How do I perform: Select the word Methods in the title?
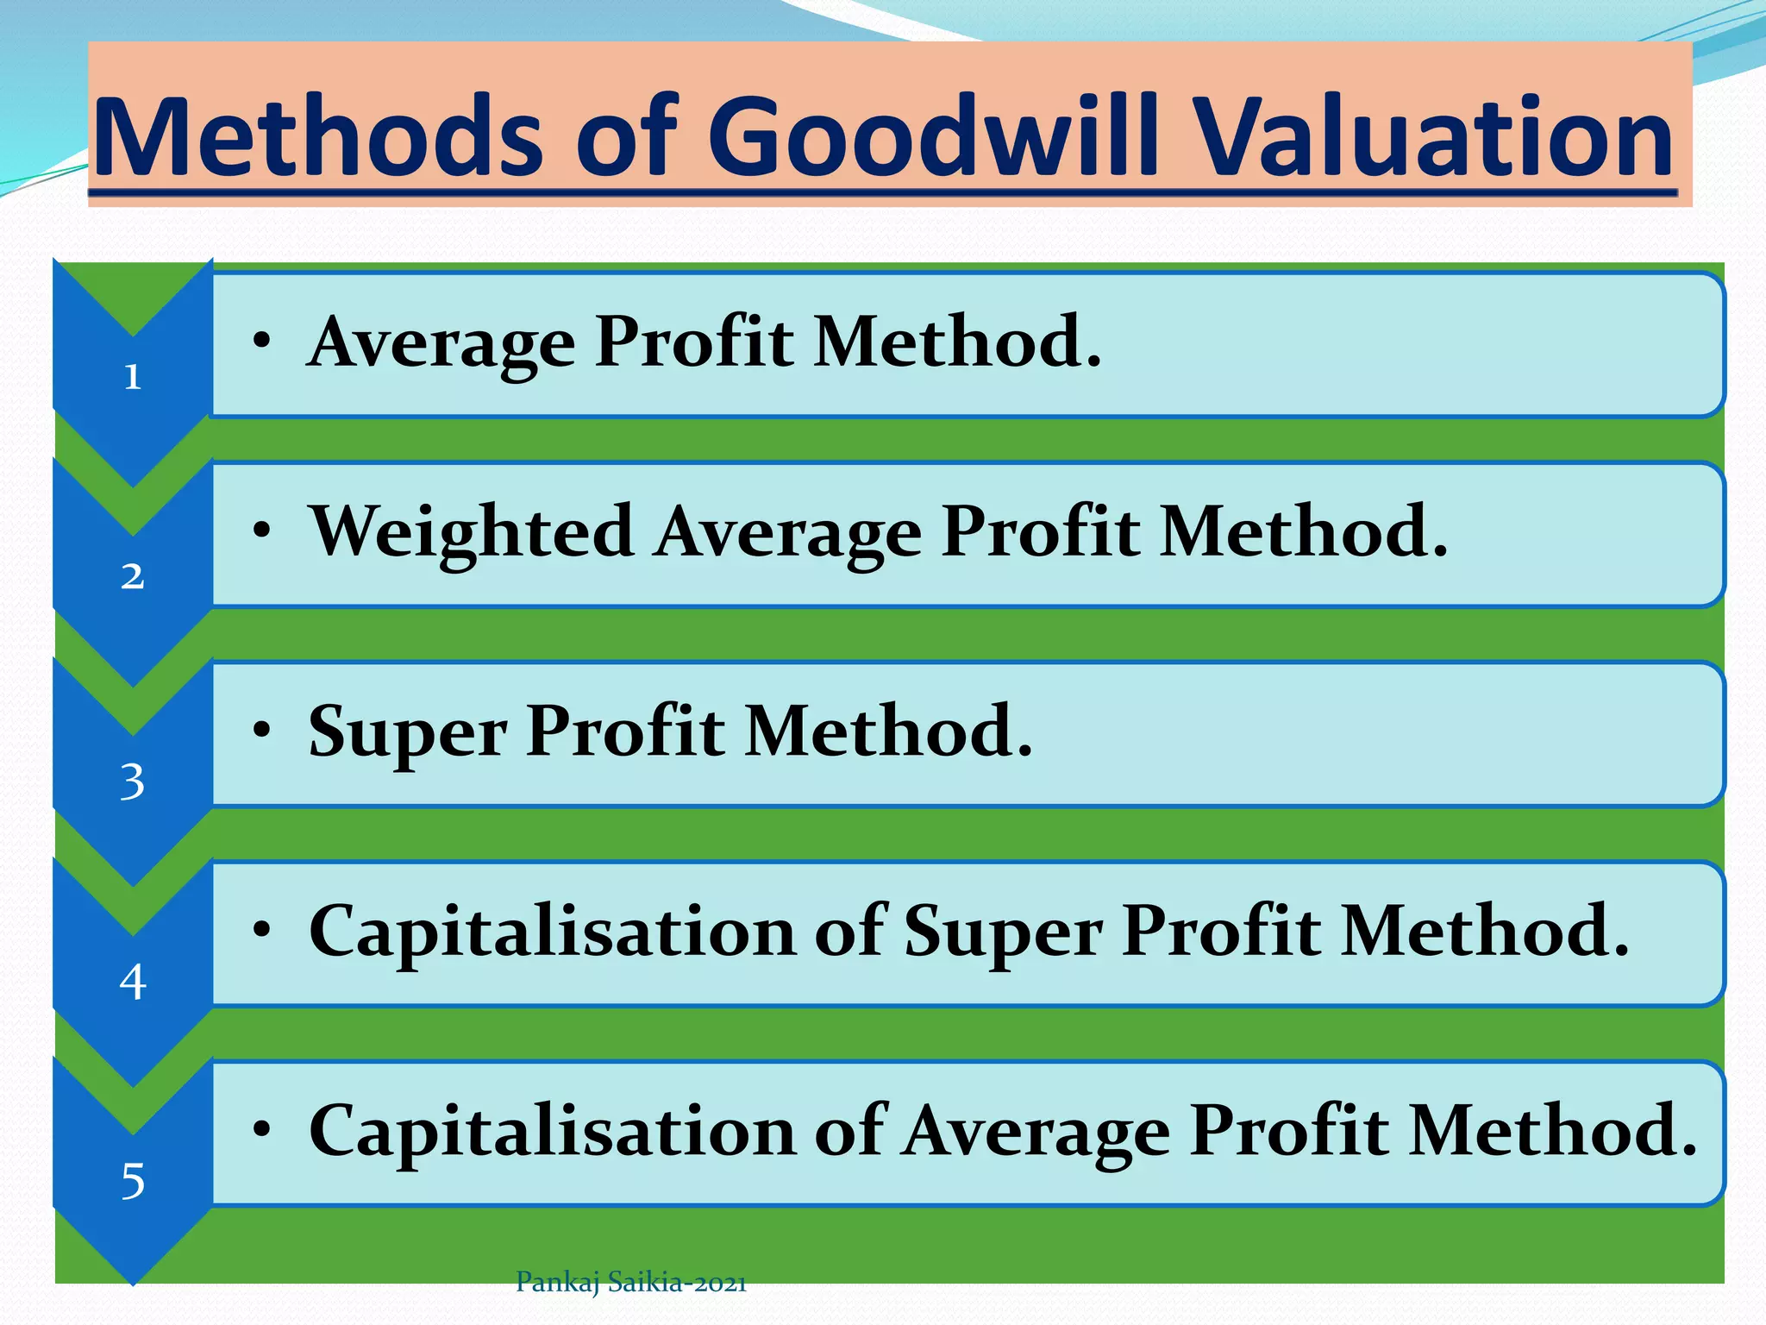319,138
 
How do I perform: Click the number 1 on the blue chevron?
132,377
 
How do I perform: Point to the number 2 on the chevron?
132,576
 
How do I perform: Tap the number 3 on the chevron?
132,782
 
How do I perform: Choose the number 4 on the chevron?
132,982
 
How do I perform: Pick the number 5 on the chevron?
132,1181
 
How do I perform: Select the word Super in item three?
407,732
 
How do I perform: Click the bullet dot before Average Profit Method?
262,340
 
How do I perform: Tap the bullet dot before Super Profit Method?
262,730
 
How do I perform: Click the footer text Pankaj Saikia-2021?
630,1283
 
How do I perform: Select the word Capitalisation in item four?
552,932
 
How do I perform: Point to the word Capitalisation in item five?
552,1131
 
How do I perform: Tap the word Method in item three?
888,732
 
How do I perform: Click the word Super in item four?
1003,933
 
